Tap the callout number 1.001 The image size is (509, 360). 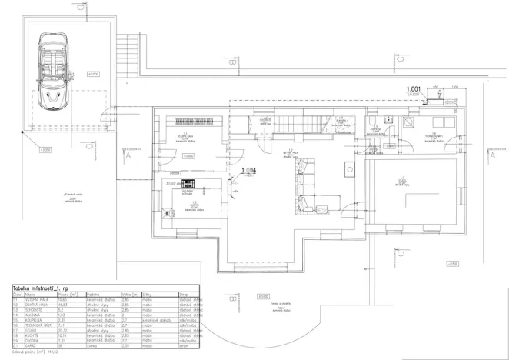tap(415, 89)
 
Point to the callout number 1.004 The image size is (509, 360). tap(247, 170)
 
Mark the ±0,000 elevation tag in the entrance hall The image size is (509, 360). tap(188, 156)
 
